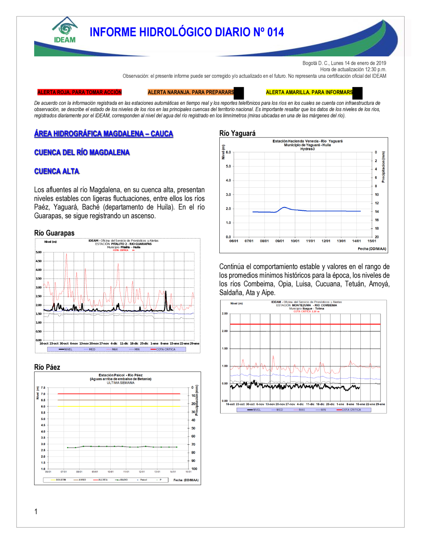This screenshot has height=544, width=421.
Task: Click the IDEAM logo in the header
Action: point(65,30)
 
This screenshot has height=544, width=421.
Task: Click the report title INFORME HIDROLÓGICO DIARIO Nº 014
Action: point(187,32)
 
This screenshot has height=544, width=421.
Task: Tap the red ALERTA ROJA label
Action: point(79,92)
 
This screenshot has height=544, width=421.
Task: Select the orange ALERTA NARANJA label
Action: point(191,92)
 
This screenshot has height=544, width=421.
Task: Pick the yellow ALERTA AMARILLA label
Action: point(309,92)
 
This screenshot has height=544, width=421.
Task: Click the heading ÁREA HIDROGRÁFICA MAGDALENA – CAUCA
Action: point(104,134)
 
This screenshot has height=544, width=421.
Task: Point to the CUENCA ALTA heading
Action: point(57,171)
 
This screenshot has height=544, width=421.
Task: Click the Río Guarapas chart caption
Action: point(54,233)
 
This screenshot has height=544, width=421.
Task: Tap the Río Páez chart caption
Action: point(47,367)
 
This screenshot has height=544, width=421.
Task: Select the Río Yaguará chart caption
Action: point(237,133)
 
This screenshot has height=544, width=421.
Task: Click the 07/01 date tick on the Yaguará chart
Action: point(249,241)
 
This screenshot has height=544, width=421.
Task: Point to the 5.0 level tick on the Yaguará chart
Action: point(228,166)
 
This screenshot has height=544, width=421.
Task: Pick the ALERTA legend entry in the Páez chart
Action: point(101,480)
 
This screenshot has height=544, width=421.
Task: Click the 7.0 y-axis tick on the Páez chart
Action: point(43,394)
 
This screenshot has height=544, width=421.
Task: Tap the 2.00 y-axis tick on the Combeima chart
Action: point(225,331)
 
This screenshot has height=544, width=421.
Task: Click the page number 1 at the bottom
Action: point(36,512)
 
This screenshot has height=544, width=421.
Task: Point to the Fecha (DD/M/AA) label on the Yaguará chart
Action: point(372,249)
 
